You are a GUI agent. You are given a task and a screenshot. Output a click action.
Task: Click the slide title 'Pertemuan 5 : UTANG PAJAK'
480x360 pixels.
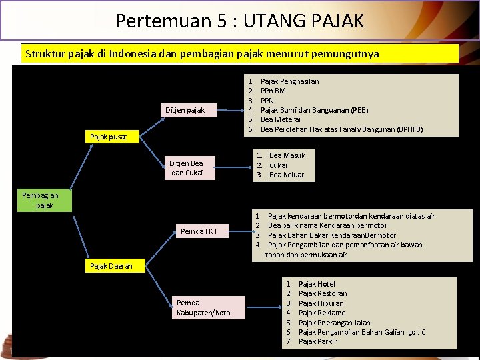(x=240, y=21)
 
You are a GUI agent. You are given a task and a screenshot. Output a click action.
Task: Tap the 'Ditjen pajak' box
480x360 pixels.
(x=186, y=109)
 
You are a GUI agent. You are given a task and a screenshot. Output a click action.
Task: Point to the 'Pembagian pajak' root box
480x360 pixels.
(x=39, y=200)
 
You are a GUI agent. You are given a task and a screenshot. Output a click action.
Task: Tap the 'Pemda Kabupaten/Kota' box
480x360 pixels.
(x=204, y=307)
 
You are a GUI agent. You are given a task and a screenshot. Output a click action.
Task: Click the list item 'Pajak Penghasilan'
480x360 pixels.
(x=289, y=81)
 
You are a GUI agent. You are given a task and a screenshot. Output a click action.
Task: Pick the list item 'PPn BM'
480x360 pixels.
(x=273, y=91)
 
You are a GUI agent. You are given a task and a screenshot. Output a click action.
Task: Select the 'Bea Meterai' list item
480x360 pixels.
(x=279, y=119)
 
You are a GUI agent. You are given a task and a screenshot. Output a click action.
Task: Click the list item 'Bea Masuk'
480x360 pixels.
(x=287, y=155)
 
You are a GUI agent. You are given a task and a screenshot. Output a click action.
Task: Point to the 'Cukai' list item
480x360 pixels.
(x=278, y=165)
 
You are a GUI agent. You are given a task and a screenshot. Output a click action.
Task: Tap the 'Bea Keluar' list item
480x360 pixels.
(x=286, y=175)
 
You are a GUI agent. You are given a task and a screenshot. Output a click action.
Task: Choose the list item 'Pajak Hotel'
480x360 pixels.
(x=317, y=284)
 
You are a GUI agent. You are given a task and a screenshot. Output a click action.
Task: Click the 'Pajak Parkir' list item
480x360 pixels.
(x=317, y=341)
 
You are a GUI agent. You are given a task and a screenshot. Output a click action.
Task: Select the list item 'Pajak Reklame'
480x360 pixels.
(x=322, y=313)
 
